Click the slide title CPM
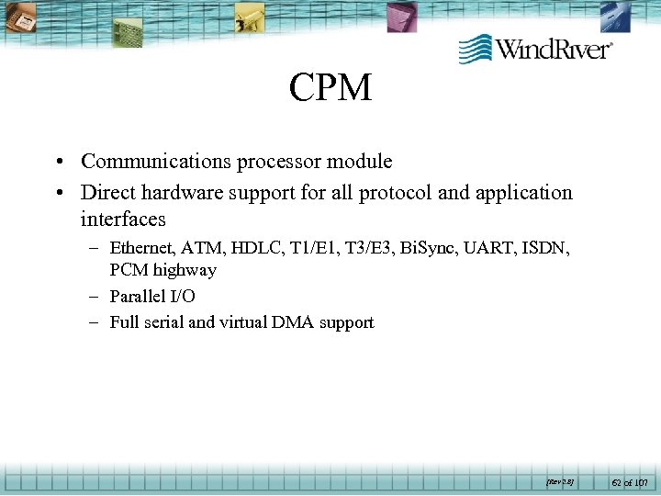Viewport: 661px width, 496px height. pos(330,88)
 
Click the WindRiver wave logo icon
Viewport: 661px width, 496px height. pos(475,48)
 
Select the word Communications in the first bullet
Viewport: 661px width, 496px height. pos(155,162)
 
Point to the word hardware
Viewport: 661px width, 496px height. pos(178,193)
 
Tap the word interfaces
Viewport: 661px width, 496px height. pos(123,220)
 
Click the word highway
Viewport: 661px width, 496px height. pos(185,270)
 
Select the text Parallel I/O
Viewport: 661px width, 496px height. pos(152,296)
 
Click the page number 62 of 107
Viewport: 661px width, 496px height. pos(629,480)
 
